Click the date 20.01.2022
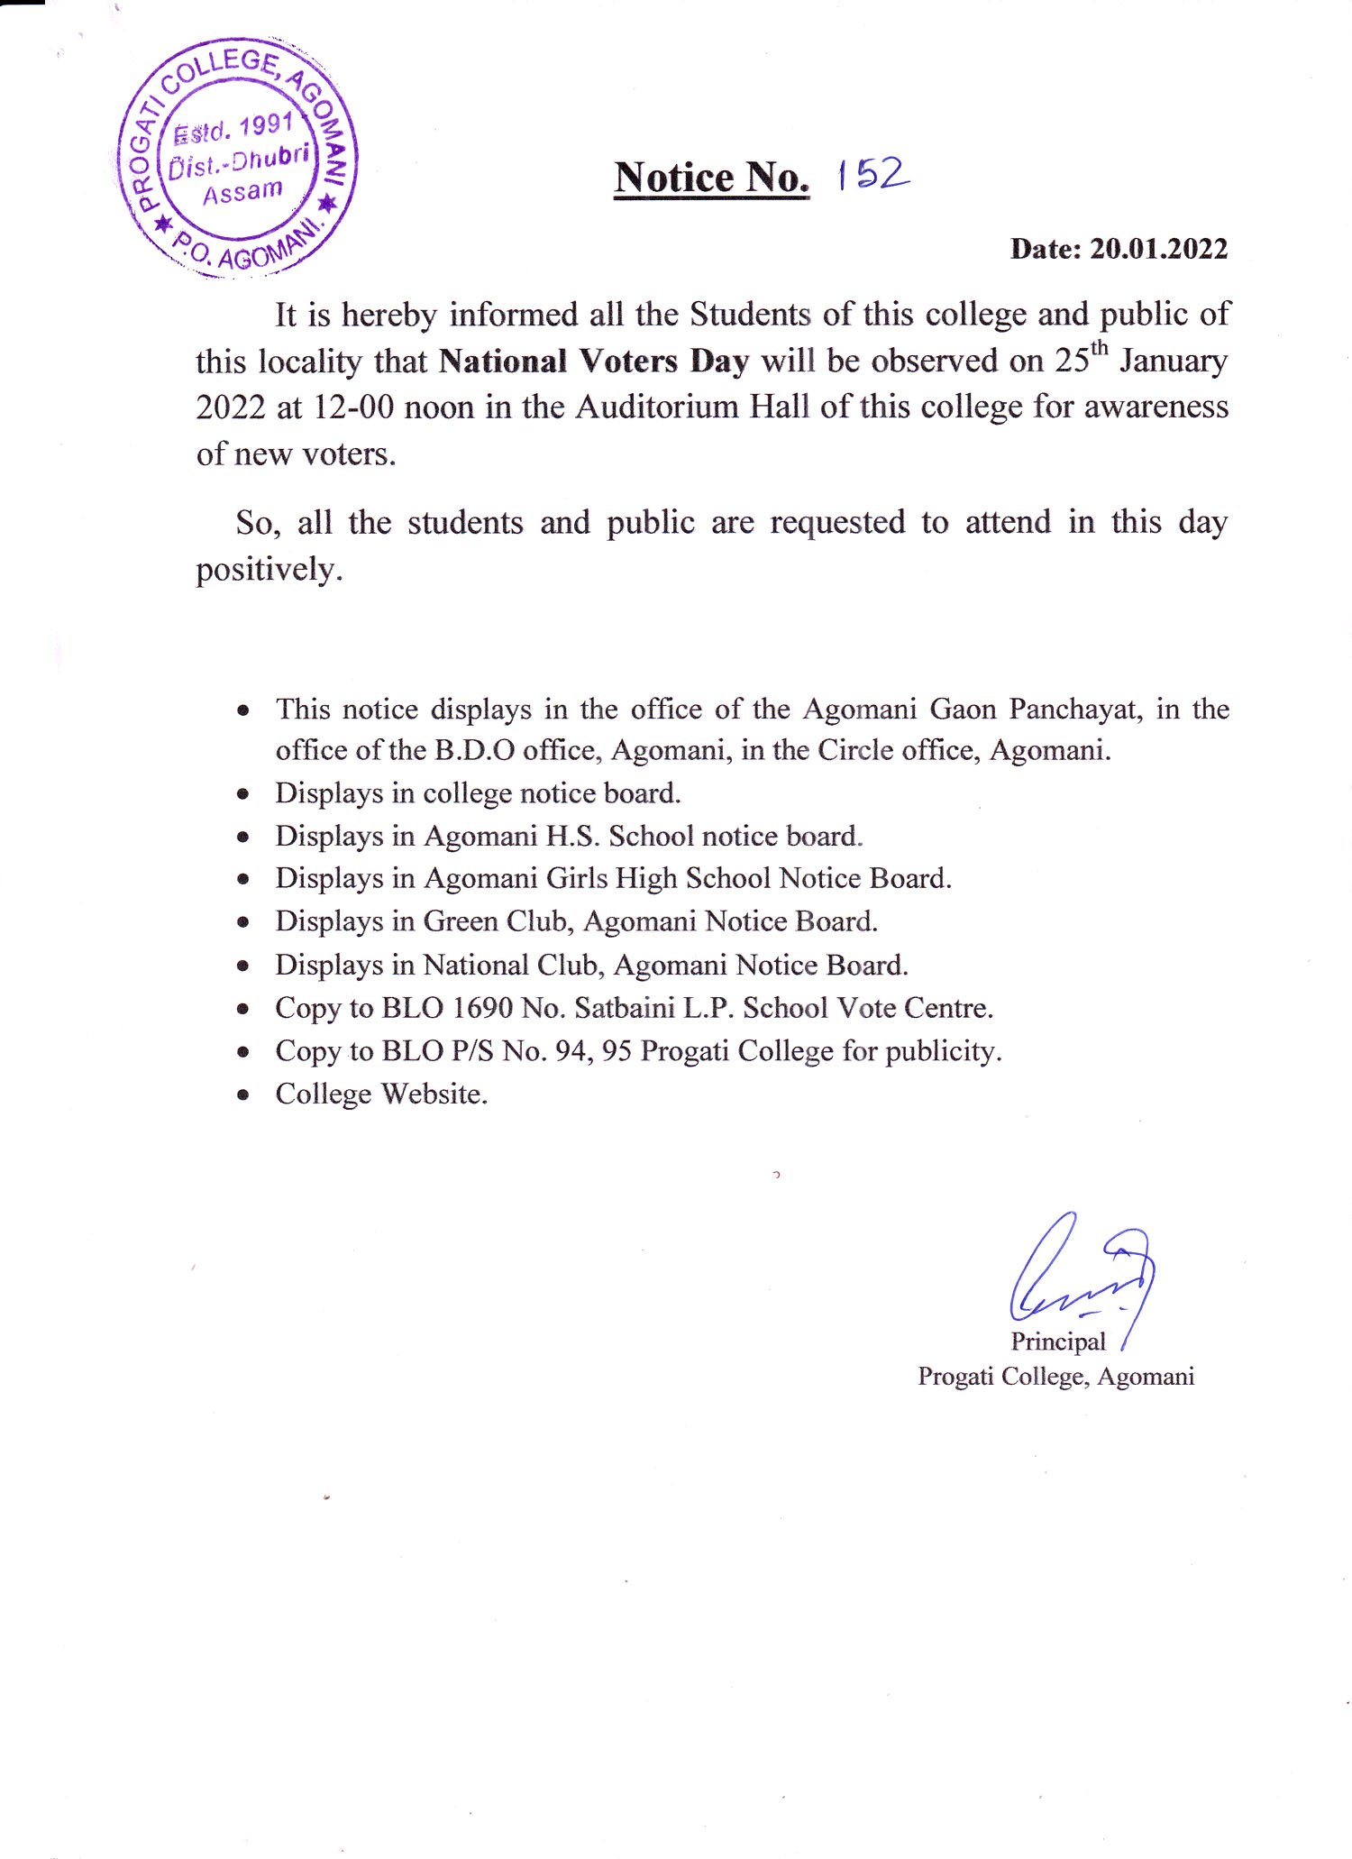1158,249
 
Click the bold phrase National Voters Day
594,362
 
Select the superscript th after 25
1100,348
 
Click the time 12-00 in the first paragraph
353,408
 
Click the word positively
269,570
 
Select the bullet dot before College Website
242,1095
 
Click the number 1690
482,1008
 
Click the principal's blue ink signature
1082,1271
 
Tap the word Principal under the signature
1057,1342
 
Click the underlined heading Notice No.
711,178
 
